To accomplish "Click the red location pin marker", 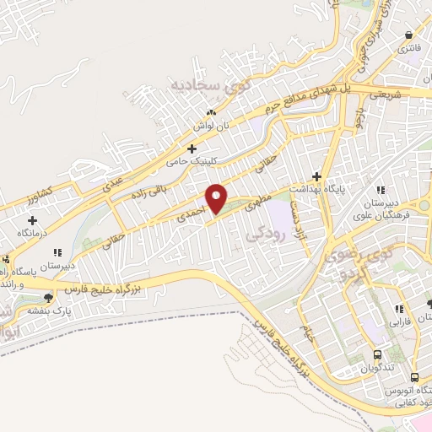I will coord(218,197).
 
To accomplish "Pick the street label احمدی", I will coord(187,217).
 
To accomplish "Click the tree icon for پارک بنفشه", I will coord(48,298).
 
